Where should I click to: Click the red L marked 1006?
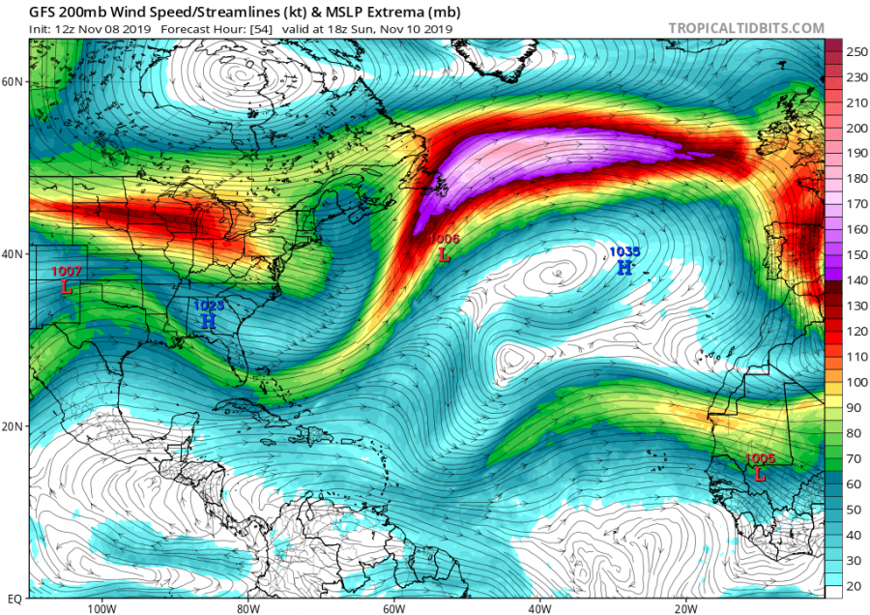click(444, 256)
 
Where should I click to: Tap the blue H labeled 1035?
click(624, 267)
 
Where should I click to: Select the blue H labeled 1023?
click(208, 320)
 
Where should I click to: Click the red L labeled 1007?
click(67, 287)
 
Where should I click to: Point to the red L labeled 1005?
click(760, 475)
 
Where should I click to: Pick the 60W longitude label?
click(393, 608)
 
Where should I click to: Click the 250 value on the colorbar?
click(855, 51)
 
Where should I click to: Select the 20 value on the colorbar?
click(855, 587)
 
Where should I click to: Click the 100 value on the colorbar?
click(855, 383)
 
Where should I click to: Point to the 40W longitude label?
click(539, 608)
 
